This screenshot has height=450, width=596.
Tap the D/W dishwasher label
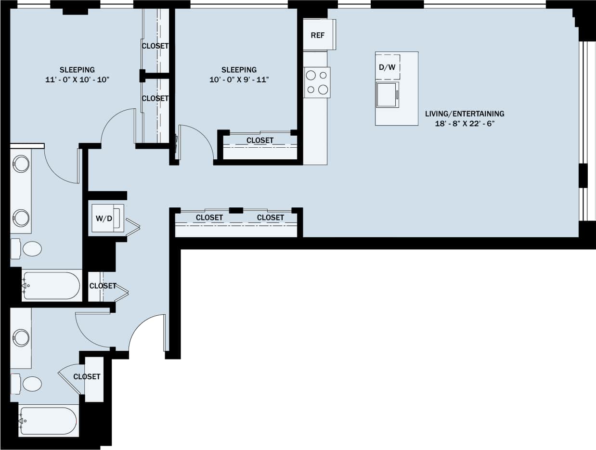click(387, 67)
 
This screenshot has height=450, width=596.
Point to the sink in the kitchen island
click(387, 94)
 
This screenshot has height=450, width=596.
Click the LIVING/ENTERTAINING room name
click(465, 114)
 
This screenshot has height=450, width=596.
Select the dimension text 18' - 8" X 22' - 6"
click(465, 124)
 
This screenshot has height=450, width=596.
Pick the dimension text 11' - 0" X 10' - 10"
click(77, 79)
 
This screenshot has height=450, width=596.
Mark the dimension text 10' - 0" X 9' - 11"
click(239, 79)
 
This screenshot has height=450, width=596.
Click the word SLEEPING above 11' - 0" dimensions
click(77, 69)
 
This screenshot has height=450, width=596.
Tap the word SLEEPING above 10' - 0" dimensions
click(239, 69)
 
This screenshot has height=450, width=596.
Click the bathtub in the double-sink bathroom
click(51, 285)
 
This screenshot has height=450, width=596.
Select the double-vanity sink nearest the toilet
click(22, 218)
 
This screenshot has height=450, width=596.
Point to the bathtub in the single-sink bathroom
click(48, 421)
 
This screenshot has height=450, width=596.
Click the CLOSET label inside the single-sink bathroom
click(87, 376)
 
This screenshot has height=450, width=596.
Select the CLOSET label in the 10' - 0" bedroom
click(260, 141)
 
